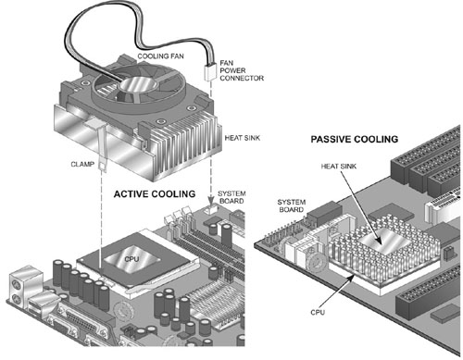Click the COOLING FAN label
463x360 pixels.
click(160, 56)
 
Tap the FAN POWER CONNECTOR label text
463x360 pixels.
click(242, 70)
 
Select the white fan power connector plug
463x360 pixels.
click(210, 73)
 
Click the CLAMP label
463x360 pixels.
click(82, 164)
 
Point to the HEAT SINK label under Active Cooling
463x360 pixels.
click(243, 138)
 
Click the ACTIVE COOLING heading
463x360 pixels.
click(155, 194)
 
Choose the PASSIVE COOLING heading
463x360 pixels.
click(355, 140)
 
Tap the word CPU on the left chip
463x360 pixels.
click(131, 259)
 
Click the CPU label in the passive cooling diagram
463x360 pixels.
click(318, 312)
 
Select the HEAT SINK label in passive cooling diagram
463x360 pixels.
click(339, 167)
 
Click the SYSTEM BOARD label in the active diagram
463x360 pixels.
click(231, 197)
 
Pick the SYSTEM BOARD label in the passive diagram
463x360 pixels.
click(292, 205)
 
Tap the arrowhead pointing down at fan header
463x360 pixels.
click(211, 202)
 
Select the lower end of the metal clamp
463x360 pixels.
click(102, 166)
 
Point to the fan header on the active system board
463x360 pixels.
click(211, 210)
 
